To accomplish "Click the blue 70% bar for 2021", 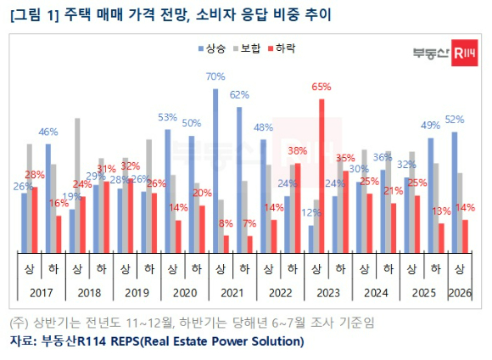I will click(215, 170).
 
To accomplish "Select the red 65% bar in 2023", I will click(321, 175).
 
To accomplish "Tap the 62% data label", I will click(238, 94).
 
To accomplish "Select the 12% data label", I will click(311, 212).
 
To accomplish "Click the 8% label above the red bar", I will click(225, 223).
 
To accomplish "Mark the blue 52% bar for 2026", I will click(455, 192).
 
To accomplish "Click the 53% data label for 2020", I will click(167, 117).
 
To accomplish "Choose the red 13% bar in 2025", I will click(440, 237).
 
